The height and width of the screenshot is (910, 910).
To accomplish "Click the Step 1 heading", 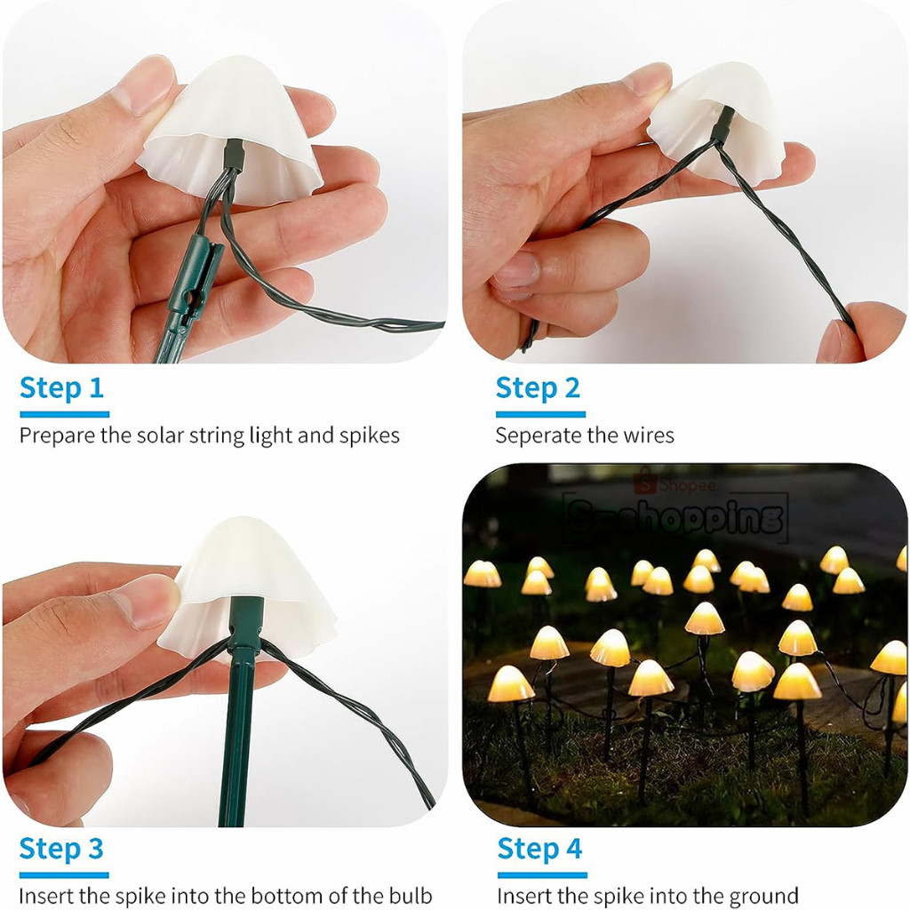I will (x=61, y=388).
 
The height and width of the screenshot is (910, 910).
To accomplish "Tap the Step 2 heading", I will (x=538, y=388).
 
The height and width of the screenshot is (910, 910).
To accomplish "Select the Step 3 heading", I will (x=61, y=848).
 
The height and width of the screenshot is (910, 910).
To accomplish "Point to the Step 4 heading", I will (x=539, y=848).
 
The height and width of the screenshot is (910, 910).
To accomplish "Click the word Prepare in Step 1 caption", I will (x=55, y=435).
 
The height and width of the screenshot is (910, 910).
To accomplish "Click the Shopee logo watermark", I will (x=675, y=485).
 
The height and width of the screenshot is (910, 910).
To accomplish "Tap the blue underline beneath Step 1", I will (x=64, y=414).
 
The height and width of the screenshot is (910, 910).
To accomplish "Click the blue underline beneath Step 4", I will (x=541, y=874).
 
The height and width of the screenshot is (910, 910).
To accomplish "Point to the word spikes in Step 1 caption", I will (x=370, y=435).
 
